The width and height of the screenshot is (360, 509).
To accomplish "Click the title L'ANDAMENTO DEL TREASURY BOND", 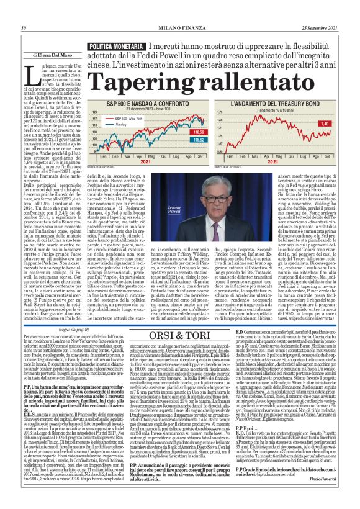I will (267, 104).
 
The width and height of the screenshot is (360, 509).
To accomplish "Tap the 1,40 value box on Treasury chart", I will (326, 124).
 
